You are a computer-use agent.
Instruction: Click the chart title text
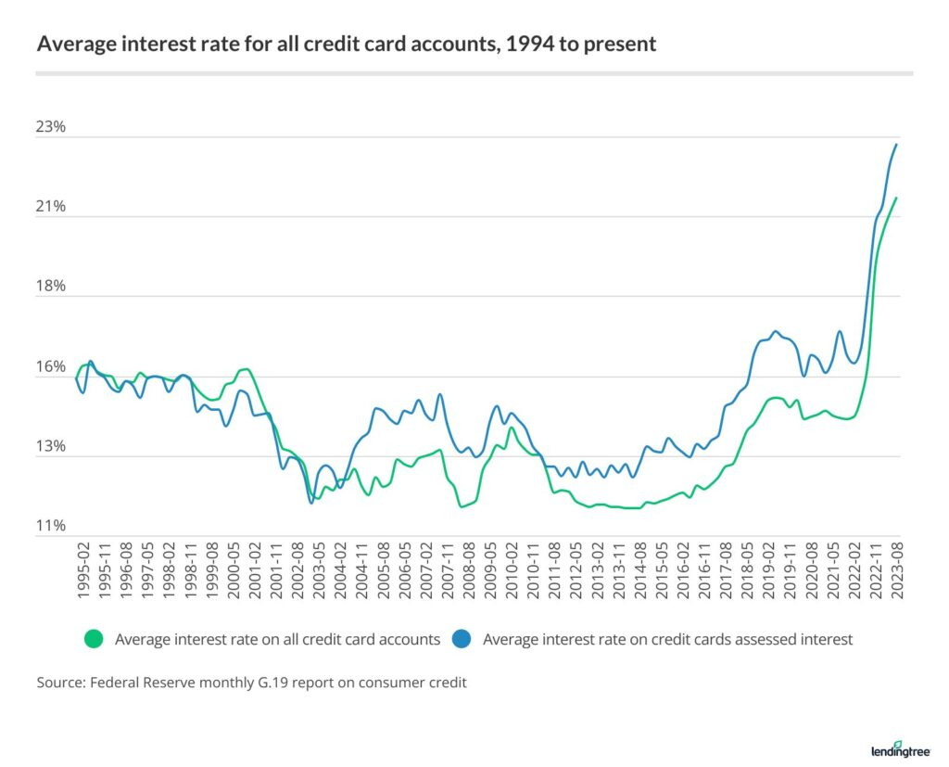pyautogui.click(x=346, y=44)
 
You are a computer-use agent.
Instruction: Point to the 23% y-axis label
pyautogui.click(x=52, y=127)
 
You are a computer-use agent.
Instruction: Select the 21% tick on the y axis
pyautogui.click(x=52, y=207)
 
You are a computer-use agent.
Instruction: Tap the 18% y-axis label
pyautogui.click(x=52, y=287)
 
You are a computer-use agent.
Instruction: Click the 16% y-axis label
pyautogui.click(x=52, y=366)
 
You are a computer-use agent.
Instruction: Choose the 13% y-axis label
pyautogui.click(x=52, y=446)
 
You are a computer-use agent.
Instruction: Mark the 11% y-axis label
pyautogui.click(x=52, y=526)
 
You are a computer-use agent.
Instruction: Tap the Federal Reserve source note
pyautogui.click(x=251, y=683)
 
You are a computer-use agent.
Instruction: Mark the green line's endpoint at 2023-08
pyautogui.click(x=896, y=198)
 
